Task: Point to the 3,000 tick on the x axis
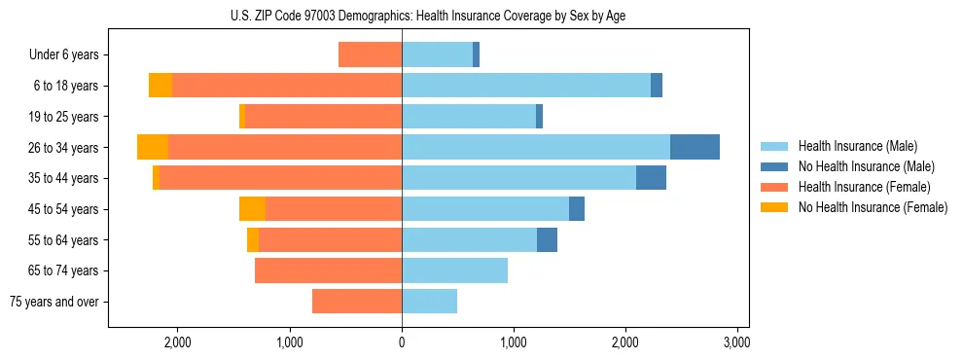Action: coord(736,342)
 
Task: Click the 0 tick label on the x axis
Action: coord(402,342)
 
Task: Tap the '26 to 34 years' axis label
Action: coord(66,148)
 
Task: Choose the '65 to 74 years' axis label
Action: coord(66,270)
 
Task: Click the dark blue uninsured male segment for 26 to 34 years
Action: coord(695,147)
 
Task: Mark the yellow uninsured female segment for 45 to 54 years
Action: coord(252,209)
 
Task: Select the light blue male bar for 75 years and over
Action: coord(429,302)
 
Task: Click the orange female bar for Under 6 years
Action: coord(370,54)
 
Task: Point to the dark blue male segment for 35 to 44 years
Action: coord(651,178)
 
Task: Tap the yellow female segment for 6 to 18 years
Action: coord(160,86)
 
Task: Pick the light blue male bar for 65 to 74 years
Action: coord(454,270)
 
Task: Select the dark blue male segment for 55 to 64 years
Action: coord(547,239)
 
